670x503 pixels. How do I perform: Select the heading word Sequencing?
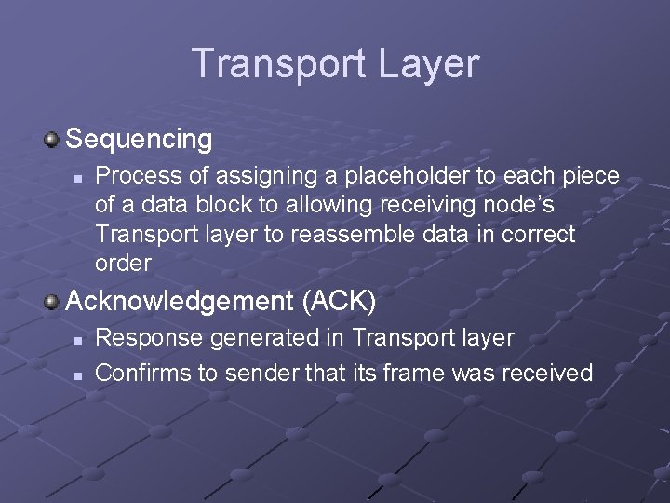(140, 140)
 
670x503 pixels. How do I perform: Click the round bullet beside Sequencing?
(52, 140)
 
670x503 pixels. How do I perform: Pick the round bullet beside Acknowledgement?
(52, 301)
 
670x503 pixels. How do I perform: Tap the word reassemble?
(349, 235)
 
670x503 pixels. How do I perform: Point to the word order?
(123, 264)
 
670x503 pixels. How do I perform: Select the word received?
(546, 374)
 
